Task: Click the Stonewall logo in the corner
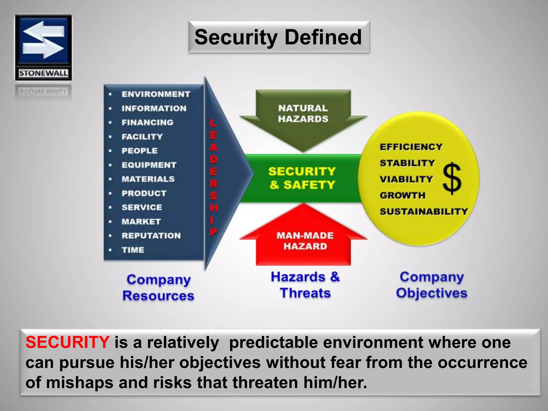click(x=43, y=47)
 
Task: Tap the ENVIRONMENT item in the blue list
click(x=156, y=94)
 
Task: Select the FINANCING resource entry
click(x=147, y=123)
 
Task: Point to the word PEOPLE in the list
click(x=139, y=151)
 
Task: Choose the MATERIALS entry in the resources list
click(x=148, y=179)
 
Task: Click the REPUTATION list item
click(x=151, y=236)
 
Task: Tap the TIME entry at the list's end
click(x=133, y=250)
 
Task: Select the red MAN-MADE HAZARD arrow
click(x=305, y=241)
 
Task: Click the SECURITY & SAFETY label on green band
click(x=302, y=178)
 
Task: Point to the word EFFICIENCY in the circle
click(x=411, y=147)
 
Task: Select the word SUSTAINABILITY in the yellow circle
click(x=424, y=211)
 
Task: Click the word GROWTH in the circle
click(x=402, y=195)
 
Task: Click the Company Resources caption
click(x=158, y=288)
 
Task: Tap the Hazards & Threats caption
click(x=305, y=285)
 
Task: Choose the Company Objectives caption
click(x=432, y=285)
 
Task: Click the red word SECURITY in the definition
click(x=67, y=342)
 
